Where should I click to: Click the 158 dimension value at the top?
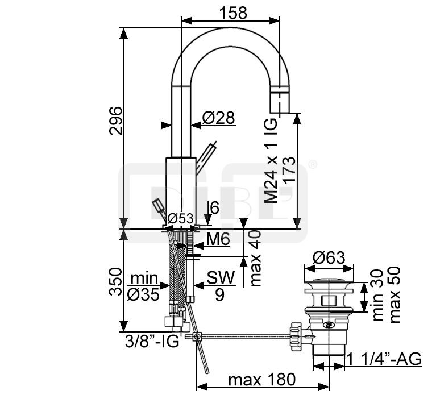tap(233, 13)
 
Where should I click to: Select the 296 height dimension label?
tap(115, 121)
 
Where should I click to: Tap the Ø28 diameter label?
tap(218, 118)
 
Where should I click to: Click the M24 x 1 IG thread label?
tap(271, 161)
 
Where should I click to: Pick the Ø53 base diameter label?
tap(180, 219)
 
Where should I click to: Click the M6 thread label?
tap(218, 239)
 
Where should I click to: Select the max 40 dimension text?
tap(256, 259)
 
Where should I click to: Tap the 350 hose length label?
tap(115, 282)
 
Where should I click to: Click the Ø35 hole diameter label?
tap(143, 294)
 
